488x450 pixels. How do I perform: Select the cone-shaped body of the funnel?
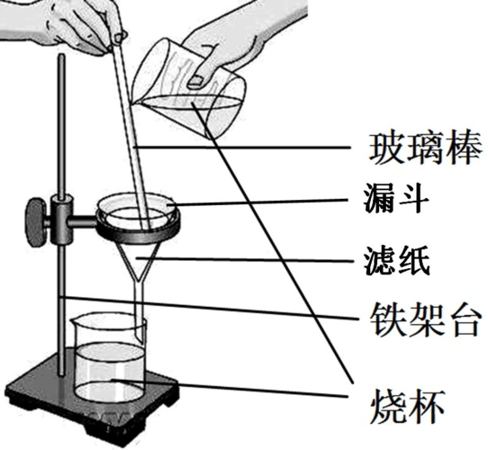(x=140, y=256)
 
